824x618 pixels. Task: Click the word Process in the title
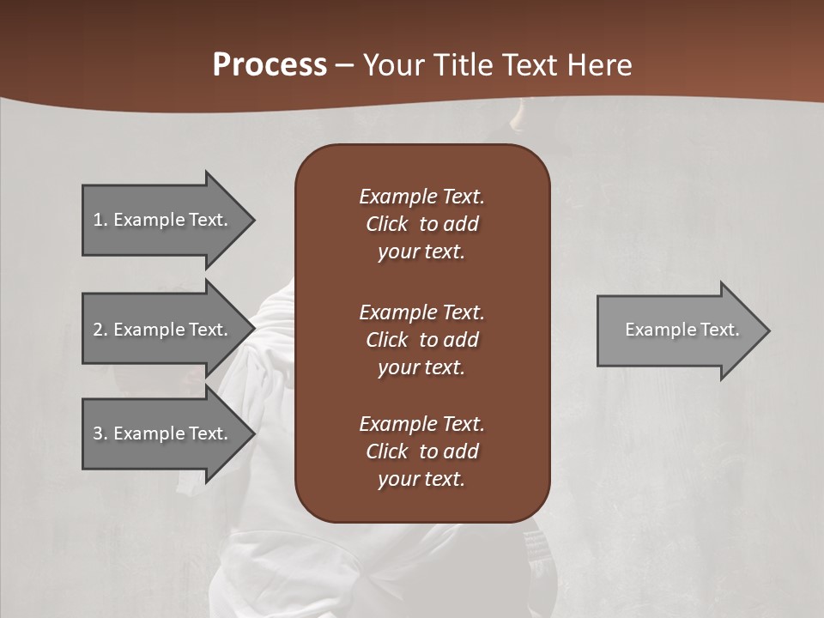tap(270, 65)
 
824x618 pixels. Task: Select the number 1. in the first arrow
tap(100, 220)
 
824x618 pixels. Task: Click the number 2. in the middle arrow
tap(100, 330)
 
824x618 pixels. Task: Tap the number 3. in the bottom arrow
tap(100, 433)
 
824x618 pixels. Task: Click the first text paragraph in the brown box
tap(421, 224)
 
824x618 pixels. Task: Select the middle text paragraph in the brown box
tap(421, 339)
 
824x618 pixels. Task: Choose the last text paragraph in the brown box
tap(421, 451)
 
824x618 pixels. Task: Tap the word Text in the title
tap(527, 65)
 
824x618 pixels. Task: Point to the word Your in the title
tap(394, 65)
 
